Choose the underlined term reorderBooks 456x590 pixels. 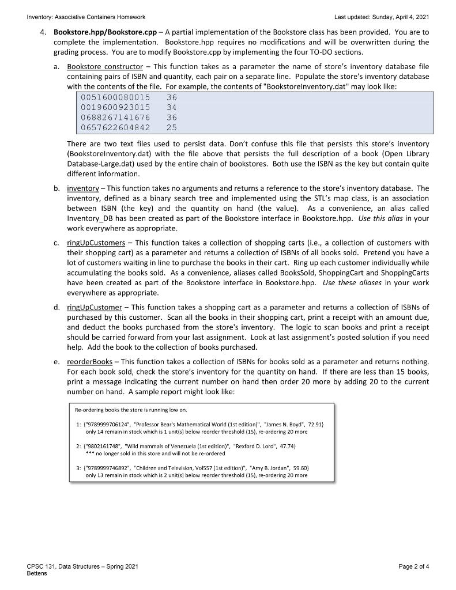(89, 361)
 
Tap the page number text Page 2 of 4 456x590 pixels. (413, 566)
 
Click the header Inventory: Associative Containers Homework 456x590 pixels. (86, 17)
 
